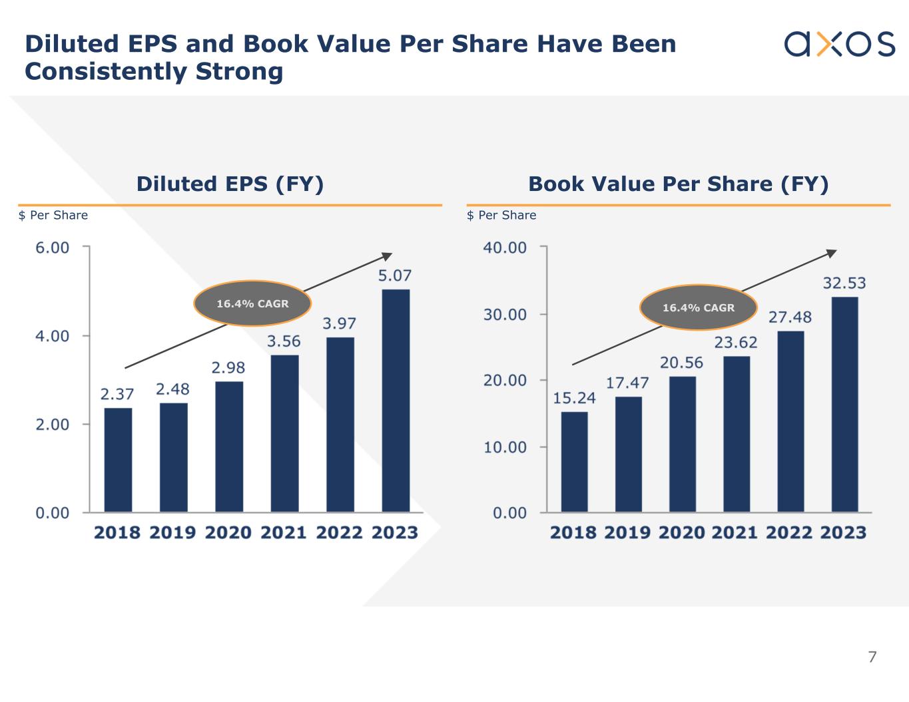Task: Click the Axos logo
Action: [839, 44]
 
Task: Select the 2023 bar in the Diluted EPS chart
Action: [396, 401]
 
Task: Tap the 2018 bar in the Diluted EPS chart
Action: [118, 460]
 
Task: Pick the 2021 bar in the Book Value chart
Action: [737, 434]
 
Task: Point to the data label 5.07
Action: [395, 275]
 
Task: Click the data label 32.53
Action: [844, 283]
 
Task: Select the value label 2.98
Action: [228, 367]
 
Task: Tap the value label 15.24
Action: [574, 398]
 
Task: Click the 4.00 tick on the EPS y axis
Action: [53, 336]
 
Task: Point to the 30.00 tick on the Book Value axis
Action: [505, 314]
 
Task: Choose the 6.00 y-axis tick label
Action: [53, 248]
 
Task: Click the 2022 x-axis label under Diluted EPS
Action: [339, 532]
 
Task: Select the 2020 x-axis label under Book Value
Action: [682, 532]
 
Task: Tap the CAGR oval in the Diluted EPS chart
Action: [252, 303]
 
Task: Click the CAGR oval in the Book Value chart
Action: [698, 307]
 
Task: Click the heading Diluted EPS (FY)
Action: [230, 184]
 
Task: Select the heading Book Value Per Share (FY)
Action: [678, 184]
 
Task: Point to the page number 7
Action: [872, 657]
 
